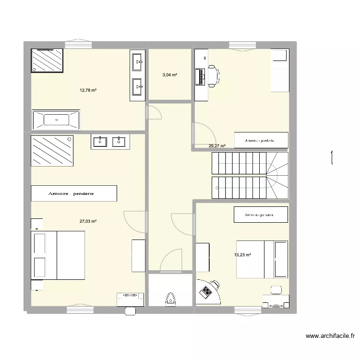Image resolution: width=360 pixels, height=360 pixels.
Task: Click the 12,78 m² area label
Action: (88, 90)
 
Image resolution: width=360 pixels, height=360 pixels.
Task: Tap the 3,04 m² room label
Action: (169, 75)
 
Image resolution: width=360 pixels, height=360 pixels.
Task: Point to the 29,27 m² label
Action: (217, 146)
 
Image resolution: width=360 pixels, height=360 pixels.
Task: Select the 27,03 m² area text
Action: (88, 221)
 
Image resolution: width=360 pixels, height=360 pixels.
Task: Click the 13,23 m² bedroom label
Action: (243, 255)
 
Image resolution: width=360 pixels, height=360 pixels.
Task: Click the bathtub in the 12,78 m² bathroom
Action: (56, 120)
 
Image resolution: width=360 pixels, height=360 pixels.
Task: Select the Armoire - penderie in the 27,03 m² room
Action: (74, 193)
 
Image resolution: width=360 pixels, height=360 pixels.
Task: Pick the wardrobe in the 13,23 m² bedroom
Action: (261, 215)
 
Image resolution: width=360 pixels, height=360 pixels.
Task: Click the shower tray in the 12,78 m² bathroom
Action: (47, 60)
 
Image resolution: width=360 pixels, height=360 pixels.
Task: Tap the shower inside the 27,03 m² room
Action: (52, 150)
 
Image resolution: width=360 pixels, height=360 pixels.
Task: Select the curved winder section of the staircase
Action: (277, 175)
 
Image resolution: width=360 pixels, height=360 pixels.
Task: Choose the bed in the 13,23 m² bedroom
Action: (262, 259)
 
